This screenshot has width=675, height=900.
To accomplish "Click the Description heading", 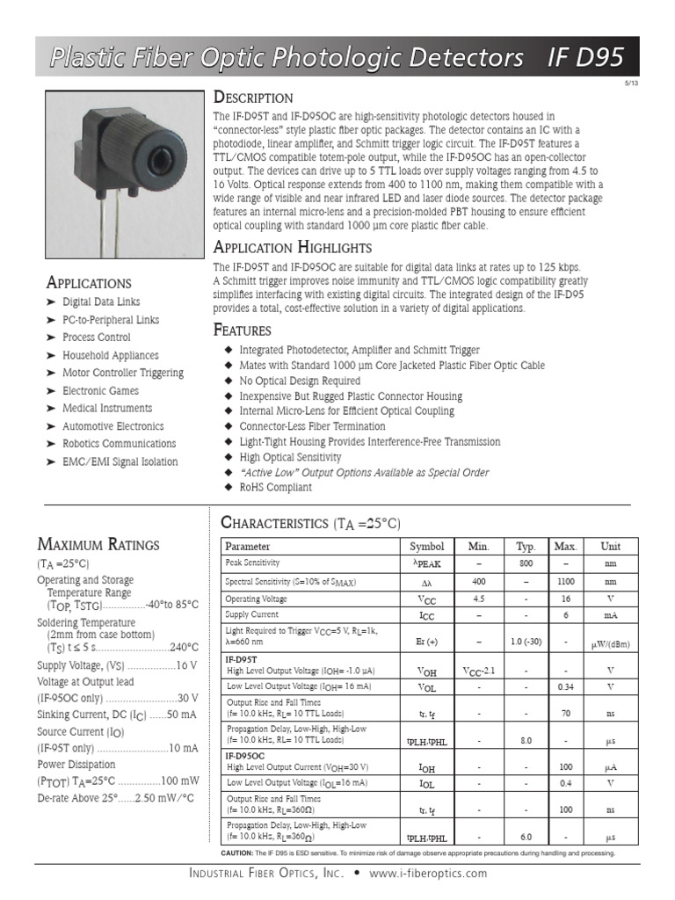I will (254, 98).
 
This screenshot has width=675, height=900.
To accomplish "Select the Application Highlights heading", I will (293, 247).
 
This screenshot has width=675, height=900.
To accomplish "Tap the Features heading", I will (243, 330).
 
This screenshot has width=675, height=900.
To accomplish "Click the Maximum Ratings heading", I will (98, 544).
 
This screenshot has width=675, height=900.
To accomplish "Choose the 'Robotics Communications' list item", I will (119, 444).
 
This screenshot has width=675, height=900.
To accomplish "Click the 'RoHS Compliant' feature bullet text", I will (275, 487).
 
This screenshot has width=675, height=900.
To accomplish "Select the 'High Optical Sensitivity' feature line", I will (290, 457).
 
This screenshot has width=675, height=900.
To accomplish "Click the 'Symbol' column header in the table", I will (427, 546).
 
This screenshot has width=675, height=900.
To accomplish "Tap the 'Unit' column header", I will (609, 546).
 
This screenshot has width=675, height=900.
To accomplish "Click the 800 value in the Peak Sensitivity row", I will (526, 562).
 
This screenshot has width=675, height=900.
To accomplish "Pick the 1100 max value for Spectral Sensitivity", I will (565, 582).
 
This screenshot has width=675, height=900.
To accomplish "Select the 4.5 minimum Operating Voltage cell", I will (479, 599).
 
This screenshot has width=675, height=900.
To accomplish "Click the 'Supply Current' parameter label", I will (251, 614).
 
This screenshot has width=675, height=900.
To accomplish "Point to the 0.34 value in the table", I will (565, 686).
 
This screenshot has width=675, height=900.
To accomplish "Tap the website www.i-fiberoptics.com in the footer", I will (427, 874).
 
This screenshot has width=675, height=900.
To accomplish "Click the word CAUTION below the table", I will (236, 853).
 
